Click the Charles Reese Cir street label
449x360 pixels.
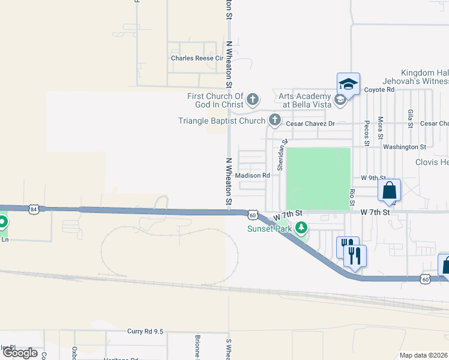[x=197, y=59]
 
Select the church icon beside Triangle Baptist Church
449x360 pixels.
[x=275, y=120]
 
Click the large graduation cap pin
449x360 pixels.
[x=348, y=83]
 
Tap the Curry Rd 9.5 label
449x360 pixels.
[x=145, y=331]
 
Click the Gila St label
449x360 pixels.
[x=410, y=119]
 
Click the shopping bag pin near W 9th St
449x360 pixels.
[x=389, y=191]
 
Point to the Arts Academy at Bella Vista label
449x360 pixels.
[x=305, y=100]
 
